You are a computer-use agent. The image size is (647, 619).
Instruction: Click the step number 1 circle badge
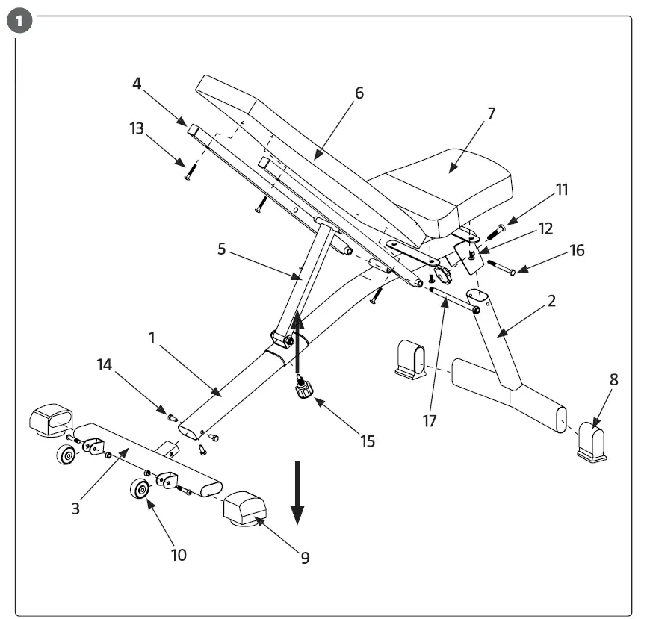point(23,22)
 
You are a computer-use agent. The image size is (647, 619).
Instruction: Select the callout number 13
point(137,129)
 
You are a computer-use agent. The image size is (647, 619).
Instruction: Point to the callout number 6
point(359,93)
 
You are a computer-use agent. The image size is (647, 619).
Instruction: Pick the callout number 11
point(561,190)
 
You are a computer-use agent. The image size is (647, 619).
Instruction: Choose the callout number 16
point(576,250)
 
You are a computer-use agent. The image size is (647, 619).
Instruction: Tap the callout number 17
point(429,420)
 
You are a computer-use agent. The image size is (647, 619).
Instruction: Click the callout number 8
point(613,379)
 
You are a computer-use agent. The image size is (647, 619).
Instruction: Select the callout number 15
point(367,441)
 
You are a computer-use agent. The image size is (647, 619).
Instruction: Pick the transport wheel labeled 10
point(139,490)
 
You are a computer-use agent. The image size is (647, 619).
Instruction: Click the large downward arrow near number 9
point(297,493)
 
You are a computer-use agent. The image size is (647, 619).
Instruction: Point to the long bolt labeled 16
point(501,267)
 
